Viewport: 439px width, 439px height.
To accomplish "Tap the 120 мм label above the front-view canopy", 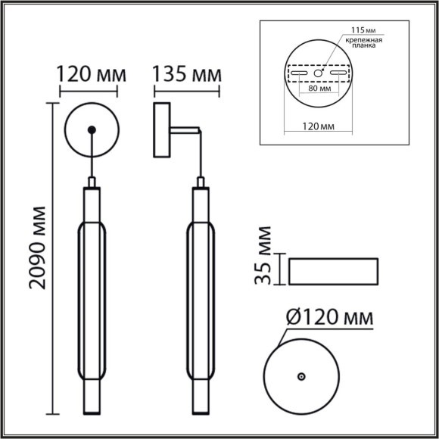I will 90,75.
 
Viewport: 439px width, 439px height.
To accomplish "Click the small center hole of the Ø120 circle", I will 300,376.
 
